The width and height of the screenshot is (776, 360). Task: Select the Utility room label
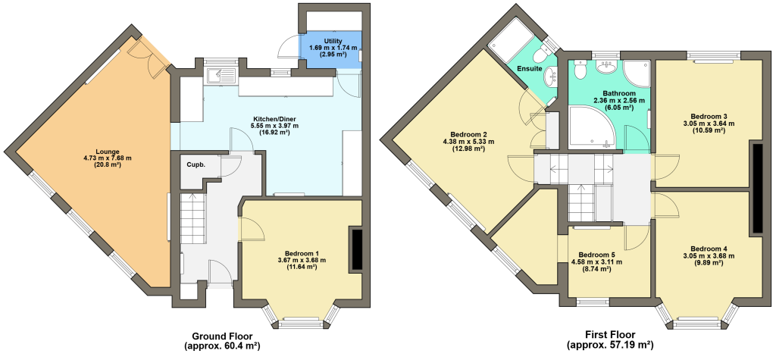[333, 41]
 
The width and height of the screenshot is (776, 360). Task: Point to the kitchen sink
[222, 75]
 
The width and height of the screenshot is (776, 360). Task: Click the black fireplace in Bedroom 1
[356, 249]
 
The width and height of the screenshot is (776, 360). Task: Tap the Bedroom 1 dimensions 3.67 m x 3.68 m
[302, 260]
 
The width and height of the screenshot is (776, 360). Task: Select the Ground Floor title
[222, 335]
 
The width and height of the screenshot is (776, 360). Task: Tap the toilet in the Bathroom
[579, 68]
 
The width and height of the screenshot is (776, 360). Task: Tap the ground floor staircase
[192, 218]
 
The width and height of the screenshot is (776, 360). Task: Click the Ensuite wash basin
[552, 77]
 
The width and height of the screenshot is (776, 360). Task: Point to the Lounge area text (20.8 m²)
[108, 165]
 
